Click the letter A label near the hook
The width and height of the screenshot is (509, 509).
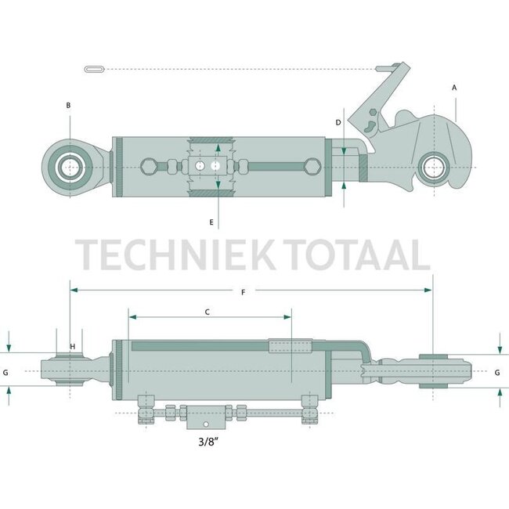[454, 88]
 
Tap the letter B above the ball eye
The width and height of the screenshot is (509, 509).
[69, 105]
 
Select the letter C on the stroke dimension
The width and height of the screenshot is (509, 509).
[207, 312]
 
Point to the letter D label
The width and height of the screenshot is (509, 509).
[338, 123]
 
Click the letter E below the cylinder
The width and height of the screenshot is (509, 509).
[211, 222]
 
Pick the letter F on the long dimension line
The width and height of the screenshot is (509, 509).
[244, 292]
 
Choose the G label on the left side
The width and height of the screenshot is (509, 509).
[6, 373]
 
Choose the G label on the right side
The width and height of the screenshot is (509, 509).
[498, 373]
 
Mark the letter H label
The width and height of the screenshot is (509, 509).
[72, 347]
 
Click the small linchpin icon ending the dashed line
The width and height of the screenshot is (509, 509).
[93, 70]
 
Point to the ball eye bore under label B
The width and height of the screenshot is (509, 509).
[70, 166]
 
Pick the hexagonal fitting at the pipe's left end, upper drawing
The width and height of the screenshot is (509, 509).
[149, 166]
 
